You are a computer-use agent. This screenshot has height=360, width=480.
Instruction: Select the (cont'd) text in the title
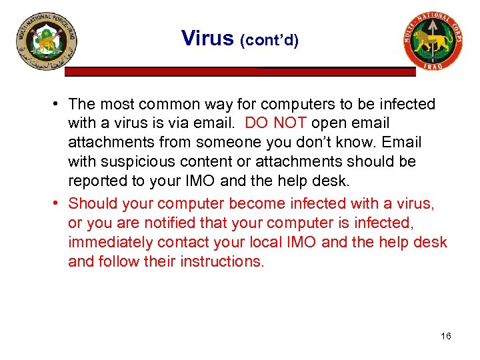coord(269,40)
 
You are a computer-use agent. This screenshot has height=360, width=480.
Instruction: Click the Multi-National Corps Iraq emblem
coord(433,41)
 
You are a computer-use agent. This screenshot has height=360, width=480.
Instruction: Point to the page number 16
coord(446,336)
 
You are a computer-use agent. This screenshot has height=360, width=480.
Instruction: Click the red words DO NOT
coord(276,123)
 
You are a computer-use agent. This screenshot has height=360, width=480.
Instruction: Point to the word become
coord(264,203)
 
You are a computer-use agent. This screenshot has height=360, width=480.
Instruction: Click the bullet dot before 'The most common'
coord(59,104)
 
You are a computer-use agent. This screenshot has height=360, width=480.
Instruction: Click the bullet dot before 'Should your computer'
coord(59,203)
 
